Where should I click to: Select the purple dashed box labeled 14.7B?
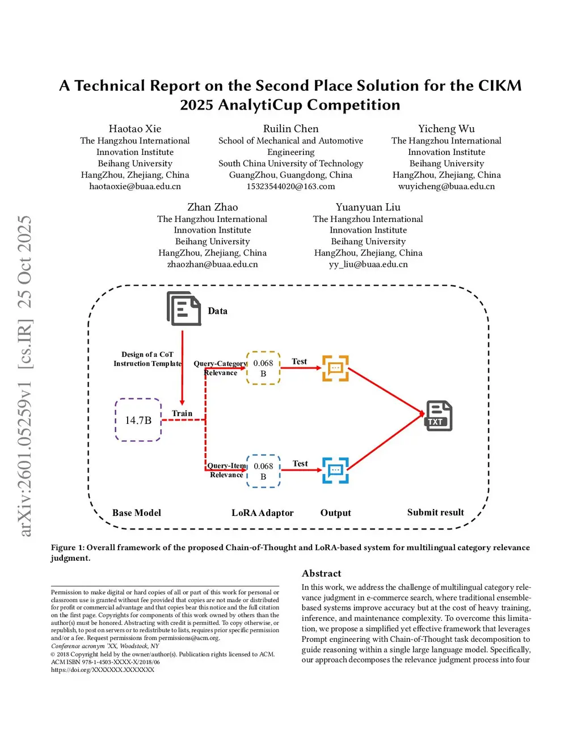pyautogui.click(x=138, y=420)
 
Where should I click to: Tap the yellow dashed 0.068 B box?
pyautogui.click(x=263, y=368)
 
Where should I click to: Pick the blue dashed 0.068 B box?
pyautogui.click(x=263, y=471)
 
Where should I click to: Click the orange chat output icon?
pyautogui.click(x=335, y=368)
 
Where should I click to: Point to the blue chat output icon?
pyautogui.click(x=335, y=470)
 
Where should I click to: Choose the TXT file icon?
pyautogui.click(x=439, y=416)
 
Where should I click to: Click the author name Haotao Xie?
pyautogui.click(x=135, y=129)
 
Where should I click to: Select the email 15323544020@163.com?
pyautogui.click(x=290, y=186)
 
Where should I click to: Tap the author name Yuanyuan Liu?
pyautogui.click(x=368, y=207)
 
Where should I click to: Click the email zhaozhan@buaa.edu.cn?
pyautogui.click(x=212, y=264)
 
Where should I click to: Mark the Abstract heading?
pyautogui.click(x=321, y=573)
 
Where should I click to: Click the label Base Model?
pyautogui.click(x=137, y=512)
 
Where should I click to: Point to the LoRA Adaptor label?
pyautogui.click(x=263, y=512)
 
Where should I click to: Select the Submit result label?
pyautogui.click(x=435, y=512)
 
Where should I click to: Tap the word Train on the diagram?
pyautogui.click(x=182, y=413)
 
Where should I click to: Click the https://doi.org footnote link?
pyautogui.click(x=103, y=670)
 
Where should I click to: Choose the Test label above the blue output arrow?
pyautogui.click(x=300, y=464)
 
